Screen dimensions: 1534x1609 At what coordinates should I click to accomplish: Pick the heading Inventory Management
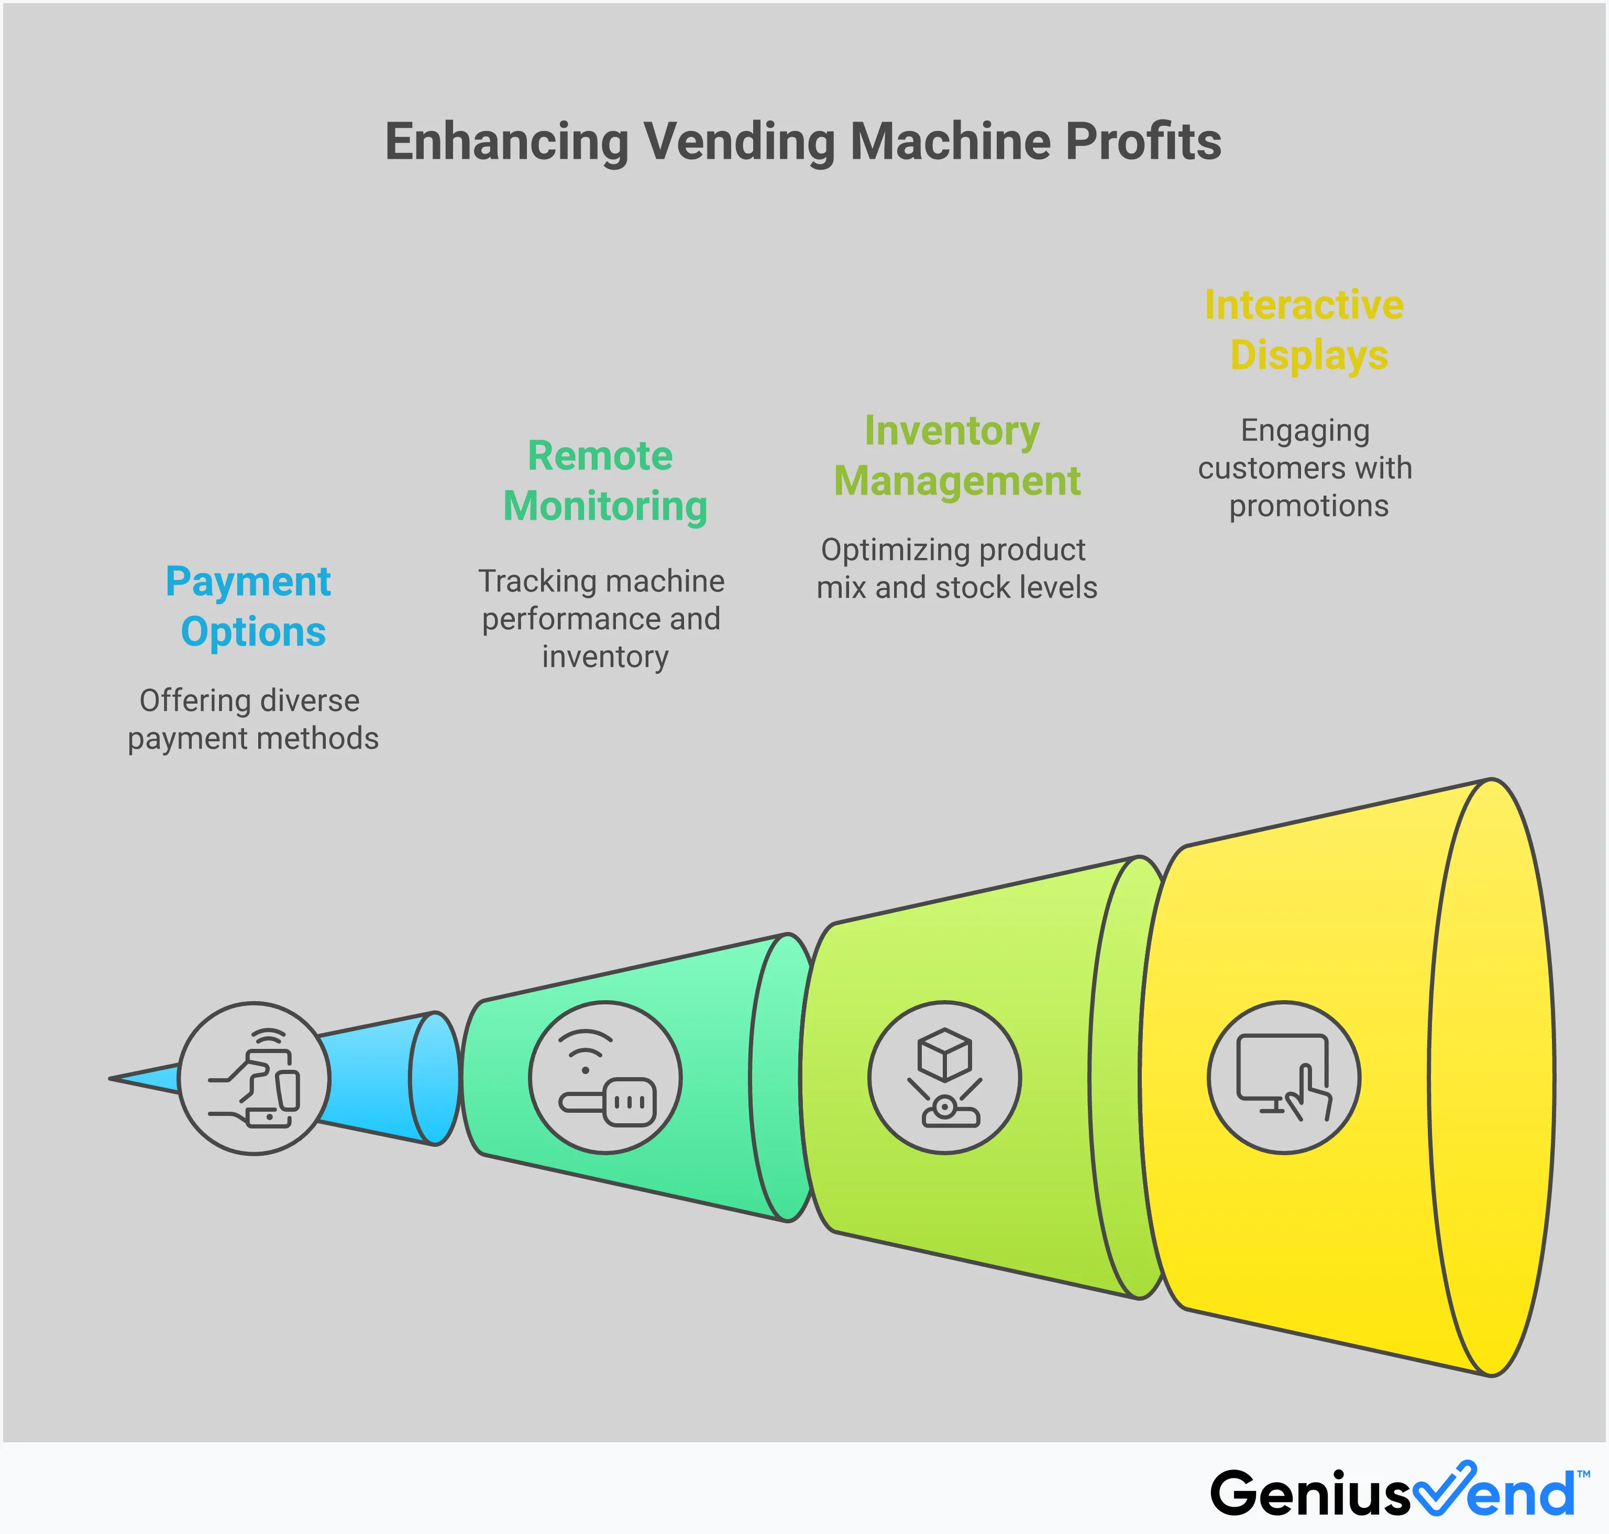click(x=956, y=455)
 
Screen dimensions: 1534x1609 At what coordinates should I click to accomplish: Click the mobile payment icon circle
click(x=254, y=1078)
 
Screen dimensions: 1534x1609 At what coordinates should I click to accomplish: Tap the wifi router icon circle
click(x=605, y=1077)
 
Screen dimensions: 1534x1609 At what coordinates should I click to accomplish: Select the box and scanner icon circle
click(x=944, y=1077)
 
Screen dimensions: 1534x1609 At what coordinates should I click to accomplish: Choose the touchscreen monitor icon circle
click(x=1284, y=1077)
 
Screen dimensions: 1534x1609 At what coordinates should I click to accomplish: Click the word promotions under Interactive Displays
click(x=1308, y=506)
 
